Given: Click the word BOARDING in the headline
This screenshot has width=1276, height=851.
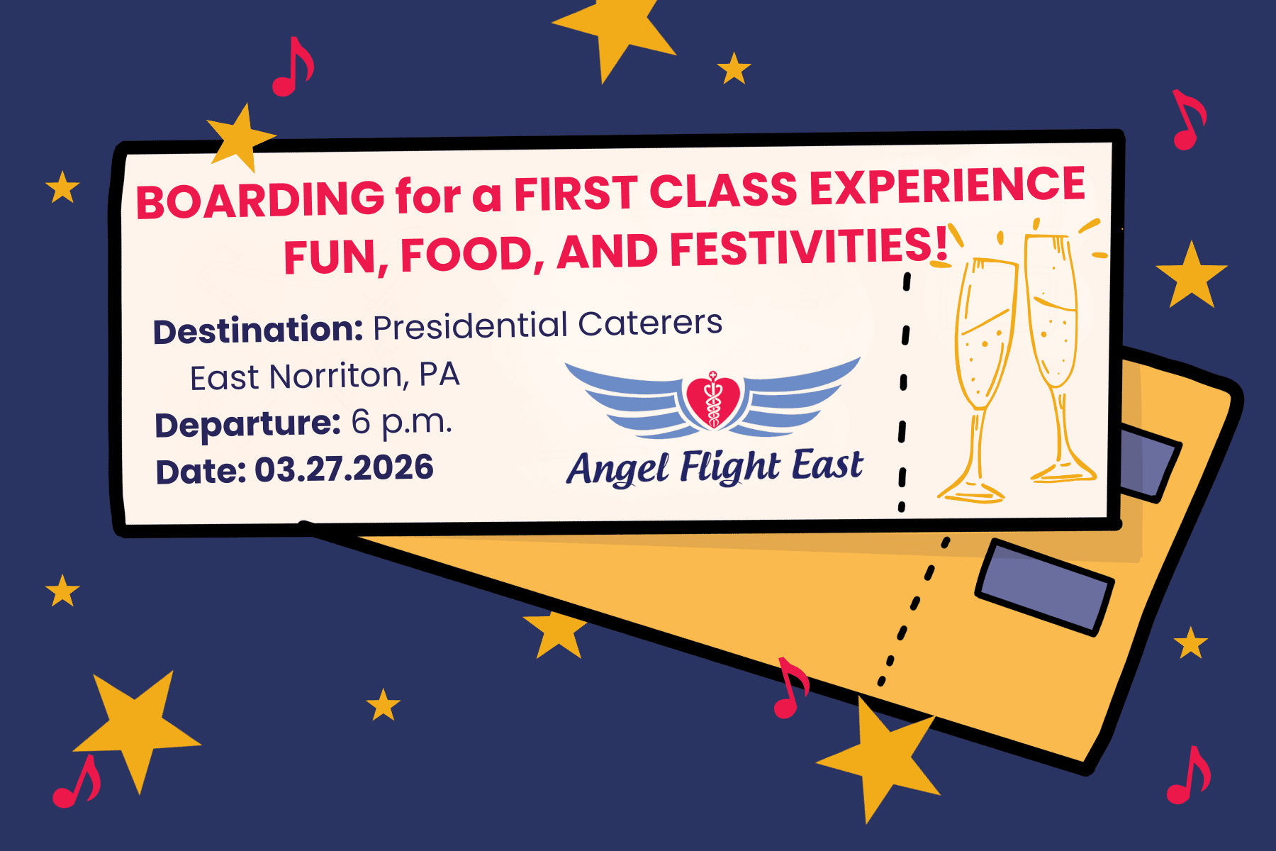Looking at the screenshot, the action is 260,199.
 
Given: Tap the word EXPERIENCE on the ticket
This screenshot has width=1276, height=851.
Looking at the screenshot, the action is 948,186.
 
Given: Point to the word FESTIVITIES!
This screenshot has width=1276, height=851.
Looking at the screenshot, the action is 808,248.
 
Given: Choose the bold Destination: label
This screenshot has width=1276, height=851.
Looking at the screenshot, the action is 258,330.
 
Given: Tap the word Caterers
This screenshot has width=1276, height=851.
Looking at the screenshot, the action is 650,323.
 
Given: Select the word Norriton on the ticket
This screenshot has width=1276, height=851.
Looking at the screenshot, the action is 339,376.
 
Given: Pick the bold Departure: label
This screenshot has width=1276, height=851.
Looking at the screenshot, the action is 247,424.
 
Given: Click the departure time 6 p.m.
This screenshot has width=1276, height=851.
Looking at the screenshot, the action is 401,423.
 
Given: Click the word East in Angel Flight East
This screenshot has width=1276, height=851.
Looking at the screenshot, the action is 827,466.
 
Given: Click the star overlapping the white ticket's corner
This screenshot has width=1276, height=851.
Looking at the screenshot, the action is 240,137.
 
